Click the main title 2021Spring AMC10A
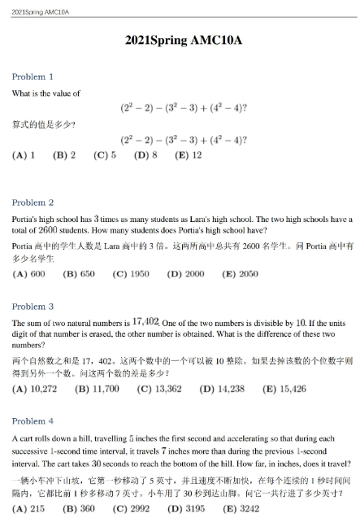180,38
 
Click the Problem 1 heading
33,76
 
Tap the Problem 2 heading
33,203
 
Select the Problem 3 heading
33,307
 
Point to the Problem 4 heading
33,421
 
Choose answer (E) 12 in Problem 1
185,155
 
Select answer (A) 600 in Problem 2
28,274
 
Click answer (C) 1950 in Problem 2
130,274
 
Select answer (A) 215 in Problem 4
28,508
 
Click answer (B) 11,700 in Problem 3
97,390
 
